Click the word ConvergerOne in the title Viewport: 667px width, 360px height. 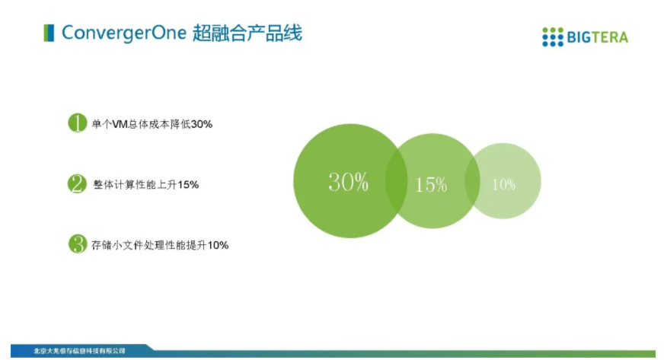click(124, 33)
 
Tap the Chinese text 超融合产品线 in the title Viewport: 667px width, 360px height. click(247, 33)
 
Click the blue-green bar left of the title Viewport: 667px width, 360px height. click(49, 33)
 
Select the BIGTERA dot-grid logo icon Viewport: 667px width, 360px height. click(553, 37)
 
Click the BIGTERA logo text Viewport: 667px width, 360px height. click(597, 37)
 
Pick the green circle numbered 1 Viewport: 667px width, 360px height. click(78, 123)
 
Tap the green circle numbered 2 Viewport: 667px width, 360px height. click(77, 183)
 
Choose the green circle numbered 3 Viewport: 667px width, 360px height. click(78, 244)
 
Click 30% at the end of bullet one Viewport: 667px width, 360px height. click(201, 124)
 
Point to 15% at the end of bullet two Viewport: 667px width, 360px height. click(188, 184)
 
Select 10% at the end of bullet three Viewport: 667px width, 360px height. click(218, 245)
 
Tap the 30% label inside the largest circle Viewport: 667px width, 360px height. click(348, 182)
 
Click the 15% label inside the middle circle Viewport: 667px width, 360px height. click(430, 185)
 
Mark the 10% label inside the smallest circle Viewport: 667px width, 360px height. click(503, 184)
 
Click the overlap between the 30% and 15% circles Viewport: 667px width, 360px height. click(396, 180)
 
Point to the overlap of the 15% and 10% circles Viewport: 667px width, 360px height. click(472, 180)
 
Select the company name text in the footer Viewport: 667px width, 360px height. click(79, 351)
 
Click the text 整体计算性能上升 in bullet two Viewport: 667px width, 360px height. click(135, 184)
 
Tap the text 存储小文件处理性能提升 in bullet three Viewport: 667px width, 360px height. click(149, 245)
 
